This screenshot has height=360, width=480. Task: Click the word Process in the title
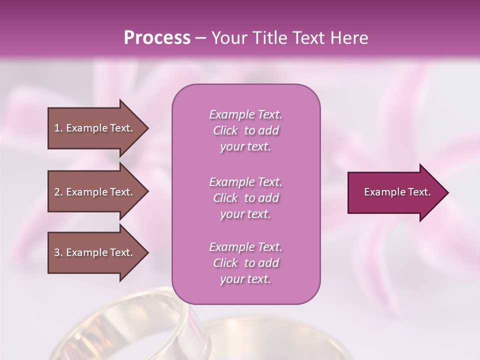click(x=157, y=38)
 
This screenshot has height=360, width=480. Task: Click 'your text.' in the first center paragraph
click(x=245, y=147)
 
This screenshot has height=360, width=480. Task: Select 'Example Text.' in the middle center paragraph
click(x=245, y=181)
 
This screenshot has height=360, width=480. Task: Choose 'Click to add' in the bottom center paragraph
click(x=245, y=263)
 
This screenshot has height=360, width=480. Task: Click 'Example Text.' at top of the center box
click(x=245, y=114)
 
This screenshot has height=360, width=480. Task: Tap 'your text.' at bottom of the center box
click(x=245, y=279)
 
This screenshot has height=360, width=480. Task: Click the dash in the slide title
click(x=200, y=38)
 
